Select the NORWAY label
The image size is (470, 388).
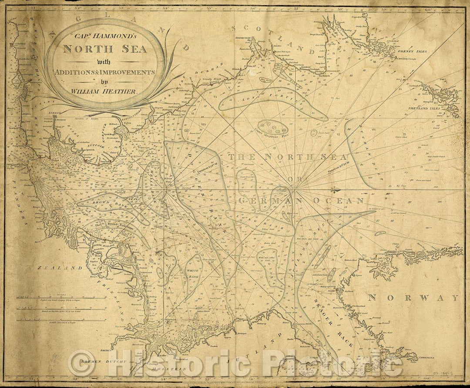click(x=413, y=298)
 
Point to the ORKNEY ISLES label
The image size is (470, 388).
click(x=411, y=51)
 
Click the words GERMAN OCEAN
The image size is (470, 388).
click(x=300, y=201)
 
